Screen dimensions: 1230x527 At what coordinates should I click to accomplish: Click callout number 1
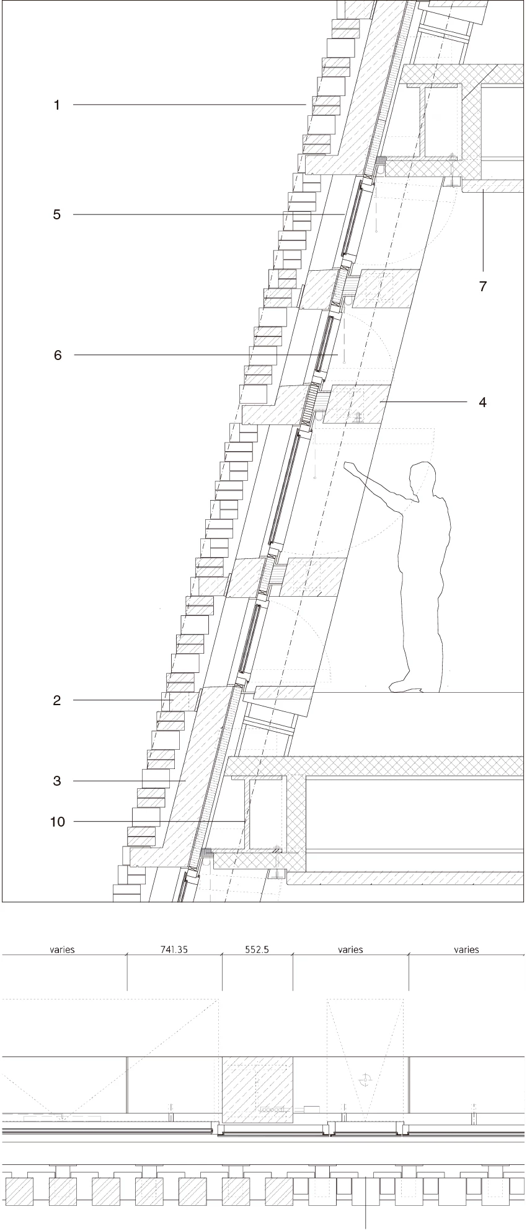pyautogui.click(x=57, y=105)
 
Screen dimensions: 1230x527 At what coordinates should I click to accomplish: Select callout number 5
pyautogui.click(x=57, y=215)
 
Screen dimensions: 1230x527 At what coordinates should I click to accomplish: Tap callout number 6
pyautogui.click(x=58, y=355)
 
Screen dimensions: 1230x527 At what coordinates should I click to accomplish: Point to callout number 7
pyautogui.click(x=483, y=286)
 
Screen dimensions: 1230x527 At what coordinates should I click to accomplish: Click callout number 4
pyautogui.click(x=482, y=402)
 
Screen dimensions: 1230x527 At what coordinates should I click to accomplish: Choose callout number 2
pyautogui.click(x=57, y=701)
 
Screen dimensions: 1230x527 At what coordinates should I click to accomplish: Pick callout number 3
pyautogui.click(x=57, y=781)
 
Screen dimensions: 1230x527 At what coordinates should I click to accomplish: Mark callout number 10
pyautogui.click(x=57, y=822)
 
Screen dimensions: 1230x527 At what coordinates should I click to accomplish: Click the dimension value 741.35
pyautogui.click(x=175, y=949)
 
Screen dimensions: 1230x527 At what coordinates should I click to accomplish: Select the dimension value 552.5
pyautogui.click(x=257, y=949)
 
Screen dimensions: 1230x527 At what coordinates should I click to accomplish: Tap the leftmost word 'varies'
pyautogui.click(x=63, y=949)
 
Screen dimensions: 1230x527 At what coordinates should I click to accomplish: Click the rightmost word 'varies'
pyautogui.click(x=466, y=949)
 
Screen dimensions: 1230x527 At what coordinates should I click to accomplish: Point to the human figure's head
pyautogui.click(x=421, y=478)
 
